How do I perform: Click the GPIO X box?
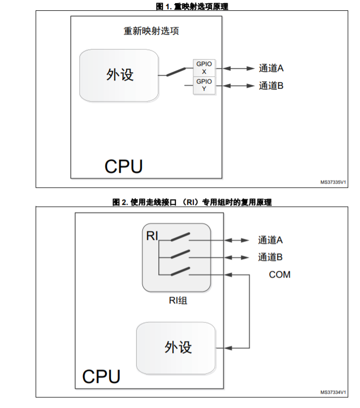(204, 68)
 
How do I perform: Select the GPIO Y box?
(204, 85)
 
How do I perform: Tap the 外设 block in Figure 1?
(119, 75)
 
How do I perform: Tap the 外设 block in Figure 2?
(176, 348)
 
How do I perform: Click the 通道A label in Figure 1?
(271, 68)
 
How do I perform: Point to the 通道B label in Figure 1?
(271, 86)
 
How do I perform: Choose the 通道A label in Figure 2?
(270, 240)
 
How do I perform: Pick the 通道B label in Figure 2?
(270, 257)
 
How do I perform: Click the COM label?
(280, 274)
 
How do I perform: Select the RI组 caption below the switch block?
(178, 301)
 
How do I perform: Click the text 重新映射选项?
(151, 31)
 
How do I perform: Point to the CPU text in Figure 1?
(124, 167)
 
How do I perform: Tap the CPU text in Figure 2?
(101, 377)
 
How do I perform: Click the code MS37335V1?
(333, 182)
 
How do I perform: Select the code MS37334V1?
(333, 392)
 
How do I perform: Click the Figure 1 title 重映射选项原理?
(192, 6)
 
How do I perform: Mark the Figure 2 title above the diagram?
(192, 202)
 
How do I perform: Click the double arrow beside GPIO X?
(238, 69)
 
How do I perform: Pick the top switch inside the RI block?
(181, 237)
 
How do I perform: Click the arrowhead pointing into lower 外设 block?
(228, 348)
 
